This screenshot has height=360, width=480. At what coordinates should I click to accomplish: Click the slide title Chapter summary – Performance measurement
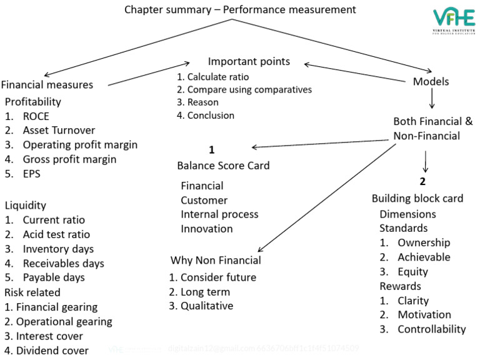[240, 9]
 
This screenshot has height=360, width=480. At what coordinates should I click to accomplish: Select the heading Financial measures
[47, 85]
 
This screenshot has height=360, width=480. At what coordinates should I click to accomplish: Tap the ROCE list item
[36, 116]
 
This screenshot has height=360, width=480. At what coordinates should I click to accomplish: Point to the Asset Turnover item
[59, 130]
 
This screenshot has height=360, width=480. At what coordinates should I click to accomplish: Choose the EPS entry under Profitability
[31, 174]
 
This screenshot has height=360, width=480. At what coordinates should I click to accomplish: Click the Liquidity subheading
[26, 205]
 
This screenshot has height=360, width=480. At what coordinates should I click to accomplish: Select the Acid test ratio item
[56, 234]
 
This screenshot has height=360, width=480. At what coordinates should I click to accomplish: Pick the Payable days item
[54, 277]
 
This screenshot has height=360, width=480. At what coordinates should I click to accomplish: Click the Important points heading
[249, 62]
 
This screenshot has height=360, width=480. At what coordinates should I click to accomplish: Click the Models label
[431, 81]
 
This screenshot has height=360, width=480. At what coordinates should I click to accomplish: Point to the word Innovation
[206, 229]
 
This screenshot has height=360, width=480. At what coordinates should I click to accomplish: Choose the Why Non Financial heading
[216, 260]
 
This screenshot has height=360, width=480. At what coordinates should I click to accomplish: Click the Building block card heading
[417, 198]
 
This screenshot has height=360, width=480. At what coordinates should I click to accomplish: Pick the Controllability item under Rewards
[431, 329]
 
